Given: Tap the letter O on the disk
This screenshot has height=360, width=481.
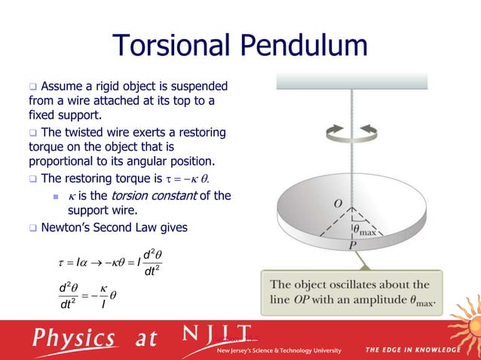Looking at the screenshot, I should click(x=336, y=203).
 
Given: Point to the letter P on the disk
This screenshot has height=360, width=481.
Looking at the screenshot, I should click(x=351, y=246).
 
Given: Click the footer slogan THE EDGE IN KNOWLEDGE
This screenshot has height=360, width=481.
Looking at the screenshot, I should click(x=412, y=349).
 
